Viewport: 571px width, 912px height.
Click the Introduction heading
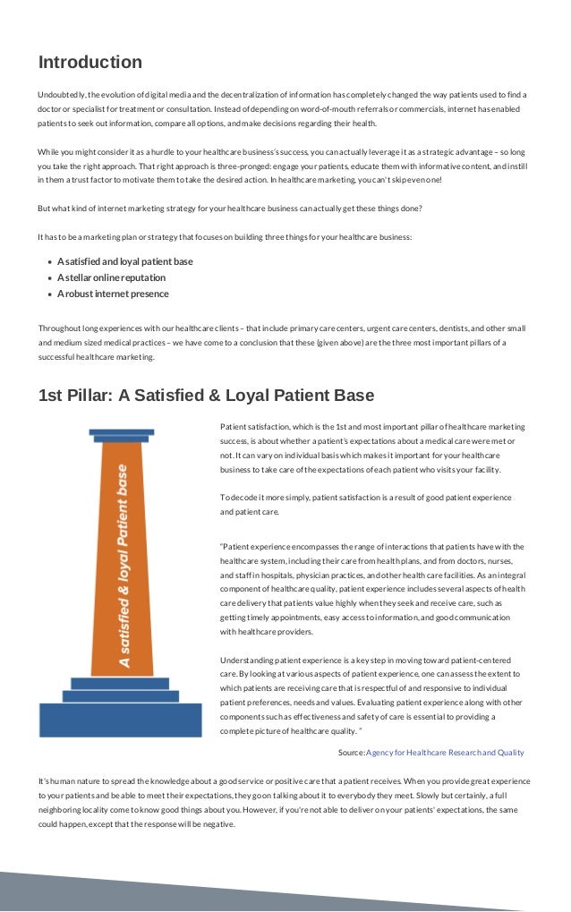click(89, 63)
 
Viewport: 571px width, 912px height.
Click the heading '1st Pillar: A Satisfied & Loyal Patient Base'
click(206, 396)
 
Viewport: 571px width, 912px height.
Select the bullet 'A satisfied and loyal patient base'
click(124, 261)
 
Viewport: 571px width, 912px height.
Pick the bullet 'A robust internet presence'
click(113, 294)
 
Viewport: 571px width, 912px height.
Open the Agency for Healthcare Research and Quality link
click(445, 753)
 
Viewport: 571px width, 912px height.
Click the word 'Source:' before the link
click(351, 753)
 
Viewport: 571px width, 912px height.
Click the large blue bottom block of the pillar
click(121, 720)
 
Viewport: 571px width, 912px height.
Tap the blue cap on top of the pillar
click(122, 434)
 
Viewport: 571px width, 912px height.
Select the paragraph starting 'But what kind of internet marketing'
click(229, 209)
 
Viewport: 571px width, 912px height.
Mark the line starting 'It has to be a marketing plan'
click(225, 237)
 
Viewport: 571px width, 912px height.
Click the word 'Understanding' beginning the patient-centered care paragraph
click(247, 659)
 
